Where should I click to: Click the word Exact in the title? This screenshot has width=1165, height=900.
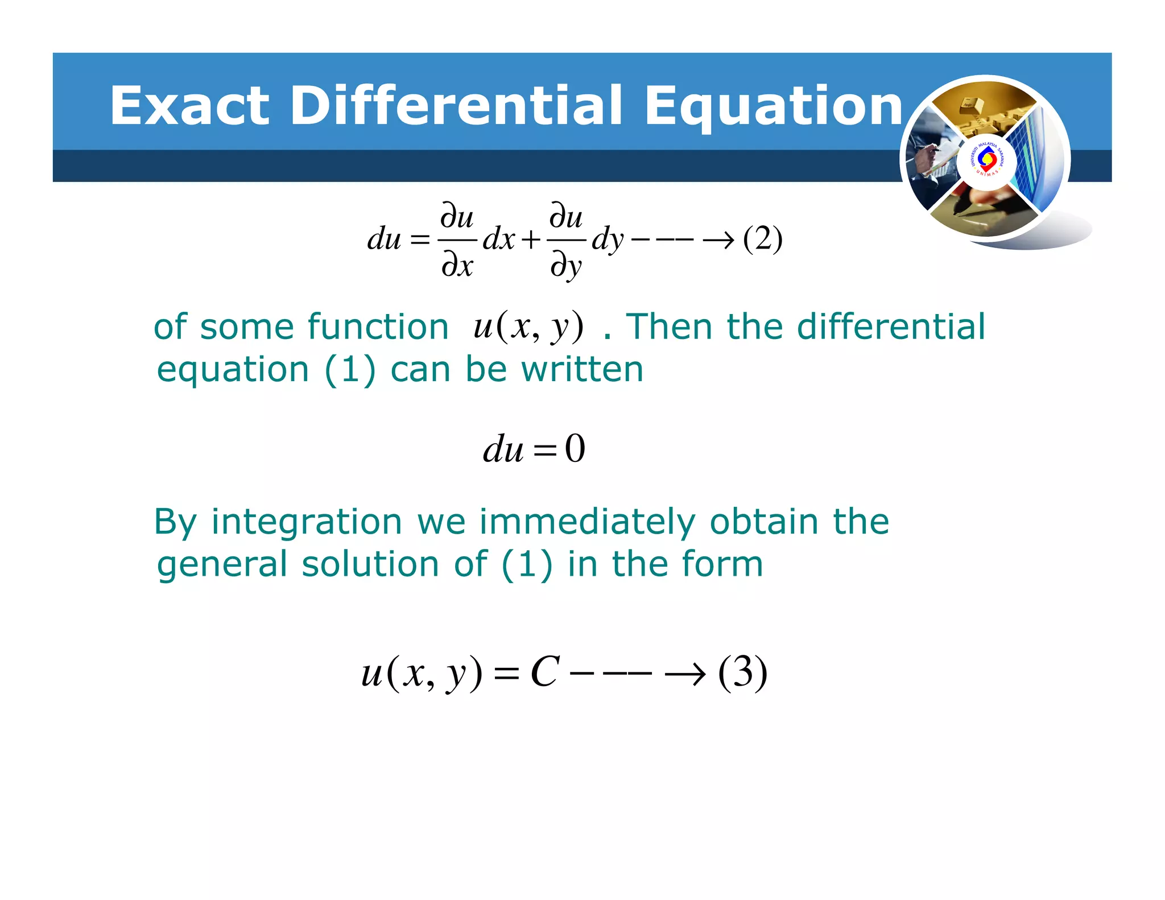(x=189, y=106)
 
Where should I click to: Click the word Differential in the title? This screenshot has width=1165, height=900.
(x=457, y=106)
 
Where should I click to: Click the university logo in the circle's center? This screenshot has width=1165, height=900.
(x=986, y=162)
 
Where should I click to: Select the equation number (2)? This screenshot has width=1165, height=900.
(x=763, y=239)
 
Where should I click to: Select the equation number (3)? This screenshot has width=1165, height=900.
(x=743, y=673)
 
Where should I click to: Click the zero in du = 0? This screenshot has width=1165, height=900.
(x=575, y=449)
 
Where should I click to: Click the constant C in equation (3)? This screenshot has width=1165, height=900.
(x=545, y=672)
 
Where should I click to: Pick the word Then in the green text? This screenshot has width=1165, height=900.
(x=669, y=327)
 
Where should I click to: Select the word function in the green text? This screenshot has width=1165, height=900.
(x=378, y=327)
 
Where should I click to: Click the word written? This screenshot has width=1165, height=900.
(x=582, y=370)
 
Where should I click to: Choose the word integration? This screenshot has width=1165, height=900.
(x=307, y=522)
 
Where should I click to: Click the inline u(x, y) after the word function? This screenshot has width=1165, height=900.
(x=528, y=327)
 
